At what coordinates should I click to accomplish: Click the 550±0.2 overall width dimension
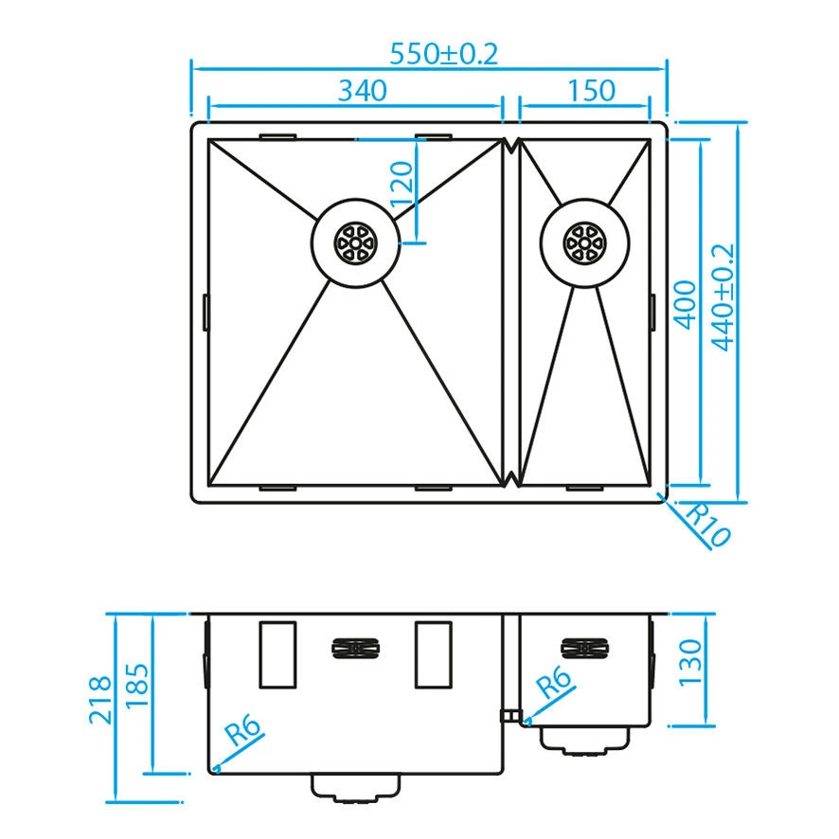443,54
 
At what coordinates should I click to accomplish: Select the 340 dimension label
363,90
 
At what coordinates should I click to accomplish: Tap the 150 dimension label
591,90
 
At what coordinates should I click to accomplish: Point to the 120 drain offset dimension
402,185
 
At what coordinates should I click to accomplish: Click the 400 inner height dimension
685,305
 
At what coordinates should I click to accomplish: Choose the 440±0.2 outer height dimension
723,297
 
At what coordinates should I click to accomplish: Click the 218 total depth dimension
100,700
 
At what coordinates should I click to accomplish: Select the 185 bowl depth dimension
136,686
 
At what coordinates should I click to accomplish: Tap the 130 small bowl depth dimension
689,663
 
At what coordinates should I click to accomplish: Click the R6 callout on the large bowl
243,730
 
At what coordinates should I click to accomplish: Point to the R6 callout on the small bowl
553,681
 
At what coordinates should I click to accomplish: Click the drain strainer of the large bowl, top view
356,243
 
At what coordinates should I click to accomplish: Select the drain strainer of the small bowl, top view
584,243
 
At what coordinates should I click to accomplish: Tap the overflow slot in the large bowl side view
355,649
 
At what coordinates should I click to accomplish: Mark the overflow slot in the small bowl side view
584,649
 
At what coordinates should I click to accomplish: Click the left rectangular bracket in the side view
277,654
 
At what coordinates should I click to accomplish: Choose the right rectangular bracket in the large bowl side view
434,654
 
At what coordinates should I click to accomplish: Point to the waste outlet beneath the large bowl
355,788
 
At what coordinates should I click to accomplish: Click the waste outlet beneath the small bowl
584,741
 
